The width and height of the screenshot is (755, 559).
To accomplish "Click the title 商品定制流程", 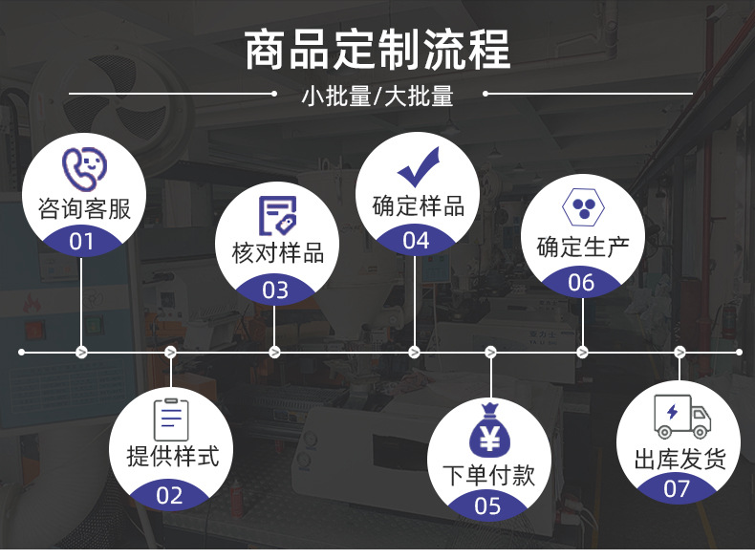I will (377, 50).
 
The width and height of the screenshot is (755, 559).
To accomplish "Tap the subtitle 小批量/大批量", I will (377, 96).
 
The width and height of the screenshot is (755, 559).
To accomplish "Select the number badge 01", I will (83, 241).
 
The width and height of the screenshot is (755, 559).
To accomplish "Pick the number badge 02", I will (169, 494).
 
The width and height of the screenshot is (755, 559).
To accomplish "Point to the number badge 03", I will (275, 290).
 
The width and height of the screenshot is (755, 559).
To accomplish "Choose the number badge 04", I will (416, 241).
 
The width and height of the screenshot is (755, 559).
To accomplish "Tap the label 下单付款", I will (488, 475).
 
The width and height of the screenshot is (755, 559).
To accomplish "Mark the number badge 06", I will (581, 283).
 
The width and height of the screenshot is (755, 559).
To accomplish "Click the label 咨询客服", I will (84, 208).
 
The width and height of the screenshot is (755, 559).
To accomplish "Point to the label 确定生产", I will (583, 247).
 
